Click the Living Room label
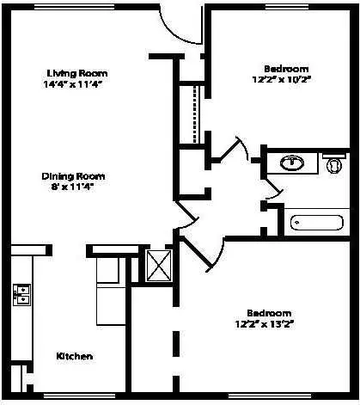point(77,73)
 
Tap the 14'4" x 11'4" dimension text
point(73,84)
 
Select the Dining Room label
point(73,176)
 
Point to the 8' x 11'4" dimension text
point(72,187)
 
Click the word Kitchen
point(75,356)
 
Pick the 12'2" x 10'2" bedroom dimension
point(282,79)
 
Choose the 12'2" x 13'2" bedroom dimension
point(265,324)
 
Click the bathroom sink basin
point(292,163)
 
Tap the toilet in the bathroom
point(334,164)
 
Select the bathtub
point(317,223)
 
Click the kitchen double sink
point(21,295)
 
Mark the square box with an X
point(158,266)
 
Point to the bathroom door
point(274,190)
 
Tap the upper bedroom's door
point(231,150)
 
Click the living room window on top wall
point(75,7)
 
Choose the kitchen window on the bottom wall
point(79,396)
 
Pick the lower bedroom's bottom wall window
point(270,396)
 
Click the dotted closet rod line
point(195,114)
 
